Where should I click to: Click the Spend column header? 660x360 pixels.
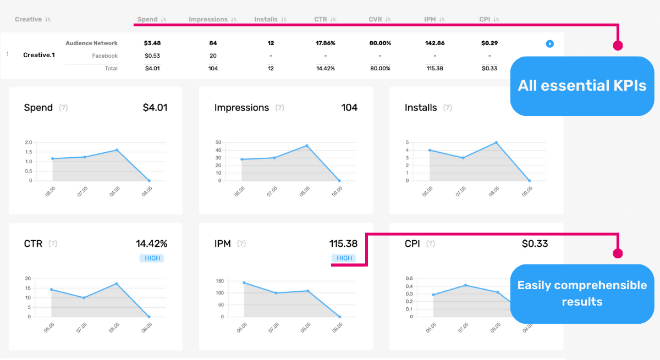[147, 19]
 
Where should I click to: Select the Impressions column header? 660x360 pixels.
[208, 19]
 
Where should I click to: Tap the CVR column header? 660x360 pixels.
[375, 19]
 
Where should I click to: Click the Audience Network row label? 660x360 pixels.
[91, 43]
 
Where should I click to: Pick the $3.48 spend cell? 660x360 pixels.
[153, 43]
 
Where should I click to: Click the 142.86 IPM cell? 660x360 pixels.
[435, 43]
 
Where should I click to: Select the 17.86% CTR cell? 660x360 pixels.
[325, 43]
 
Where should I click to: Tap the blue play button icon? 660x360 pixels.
[549, 43]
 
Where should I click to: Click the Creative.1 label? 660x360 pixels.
[39, 55]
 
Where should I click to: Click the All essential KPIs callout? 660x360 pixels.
[582, 86]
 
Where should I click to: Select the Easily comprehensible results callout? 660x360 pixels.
[582, 293]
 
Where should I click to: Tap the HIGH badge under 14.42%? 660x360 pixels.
[151, 258]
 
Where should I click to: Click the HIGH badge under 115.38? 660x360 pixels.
[344, 258]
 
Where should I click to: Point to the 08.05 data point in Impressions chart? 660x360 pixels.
[307, 146]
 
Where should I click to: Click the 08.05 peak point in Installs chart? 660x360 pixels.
[496, 142]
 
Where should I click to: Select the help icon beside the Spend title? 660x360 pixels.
[63, 108]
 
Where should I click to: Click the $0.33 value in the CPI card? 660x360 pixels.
[535, 243]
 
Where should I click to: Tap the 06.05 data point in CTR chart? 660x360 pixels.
[52, 290]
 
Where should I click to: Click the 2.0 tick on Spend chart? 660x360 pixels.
[28, 142]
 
